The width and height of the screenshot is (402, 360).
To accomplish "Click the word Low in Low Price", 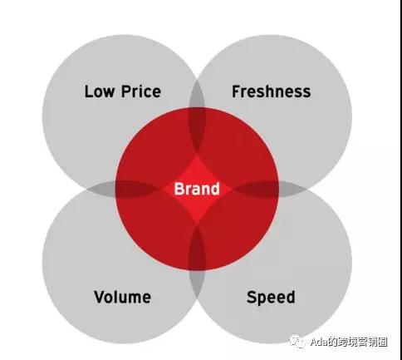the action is point(100,91).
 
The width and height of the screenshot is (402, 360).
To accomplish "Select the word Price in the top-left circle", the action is point(141,91).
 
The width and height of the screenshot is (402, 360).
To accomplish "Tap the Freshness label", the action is point(272,91).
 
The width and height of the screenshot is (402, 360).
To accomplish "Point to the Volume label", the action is point(123,297).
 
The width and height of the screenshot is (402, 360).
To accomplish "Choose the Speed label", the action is point(271,298).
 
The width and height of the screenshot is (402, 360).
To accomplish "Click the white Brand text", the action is point(197,189).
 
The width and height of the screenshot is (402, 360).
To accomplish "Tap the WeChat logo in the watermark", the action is point(297,342).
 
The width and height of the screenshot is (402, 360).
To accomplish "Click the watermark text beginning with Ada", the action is point(349,342).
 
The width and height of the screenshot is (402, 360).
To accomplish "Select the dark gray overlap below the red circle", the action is point(197,284).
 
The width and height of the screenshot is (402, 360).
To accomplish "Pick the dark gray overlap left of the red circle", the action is point(102,189).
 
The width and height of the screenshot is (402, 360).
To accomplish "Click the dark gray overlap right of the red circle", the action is point(292,189).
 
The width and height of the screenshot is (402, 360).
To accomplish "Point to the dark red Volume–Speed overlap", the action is point(197,248).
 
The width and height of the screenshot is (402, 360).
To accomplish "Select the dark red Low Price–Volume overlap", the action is point(137,189).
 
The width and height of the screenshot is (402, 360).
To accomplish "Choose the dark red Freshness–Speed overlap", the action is point(256,189).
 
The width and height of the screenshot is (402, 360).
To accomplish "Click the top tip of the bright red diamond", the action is point(197,154).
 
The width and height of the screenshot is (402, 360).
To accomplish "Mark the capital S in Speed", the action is point(252,297).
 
